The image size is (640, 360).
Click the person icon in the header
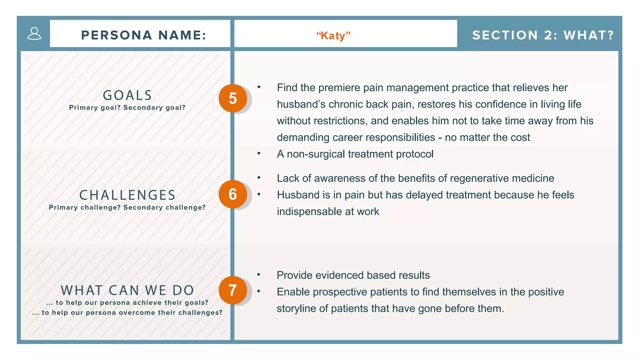tap(34, 33)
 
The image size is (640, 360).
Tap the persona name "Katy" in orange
tap(333, 36)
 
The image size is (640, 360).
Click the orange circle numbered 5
tap(233, 98)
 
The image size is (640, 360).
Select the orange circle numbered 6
tap(233, 194)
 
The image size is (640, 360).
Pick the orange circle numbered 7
tap(233, 290)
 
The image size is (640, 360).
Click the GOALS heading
tap(127, 95)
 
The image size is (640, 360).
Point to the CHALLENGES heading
tap(127, 195)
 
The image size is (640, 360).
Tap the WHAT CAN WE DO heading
tap(127, 290)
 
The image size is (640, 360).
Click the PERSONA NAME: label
tap(144, 35)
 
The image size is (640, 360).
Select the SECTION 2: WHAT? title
tap(543, 35)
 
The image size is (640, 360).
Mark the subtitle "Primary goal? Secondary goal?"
tap(127, 107)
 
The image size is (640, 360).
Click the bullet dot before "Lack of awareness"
tap(259, 178)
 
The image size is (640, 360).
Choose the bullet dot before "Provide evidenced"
tap(259, 275)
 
